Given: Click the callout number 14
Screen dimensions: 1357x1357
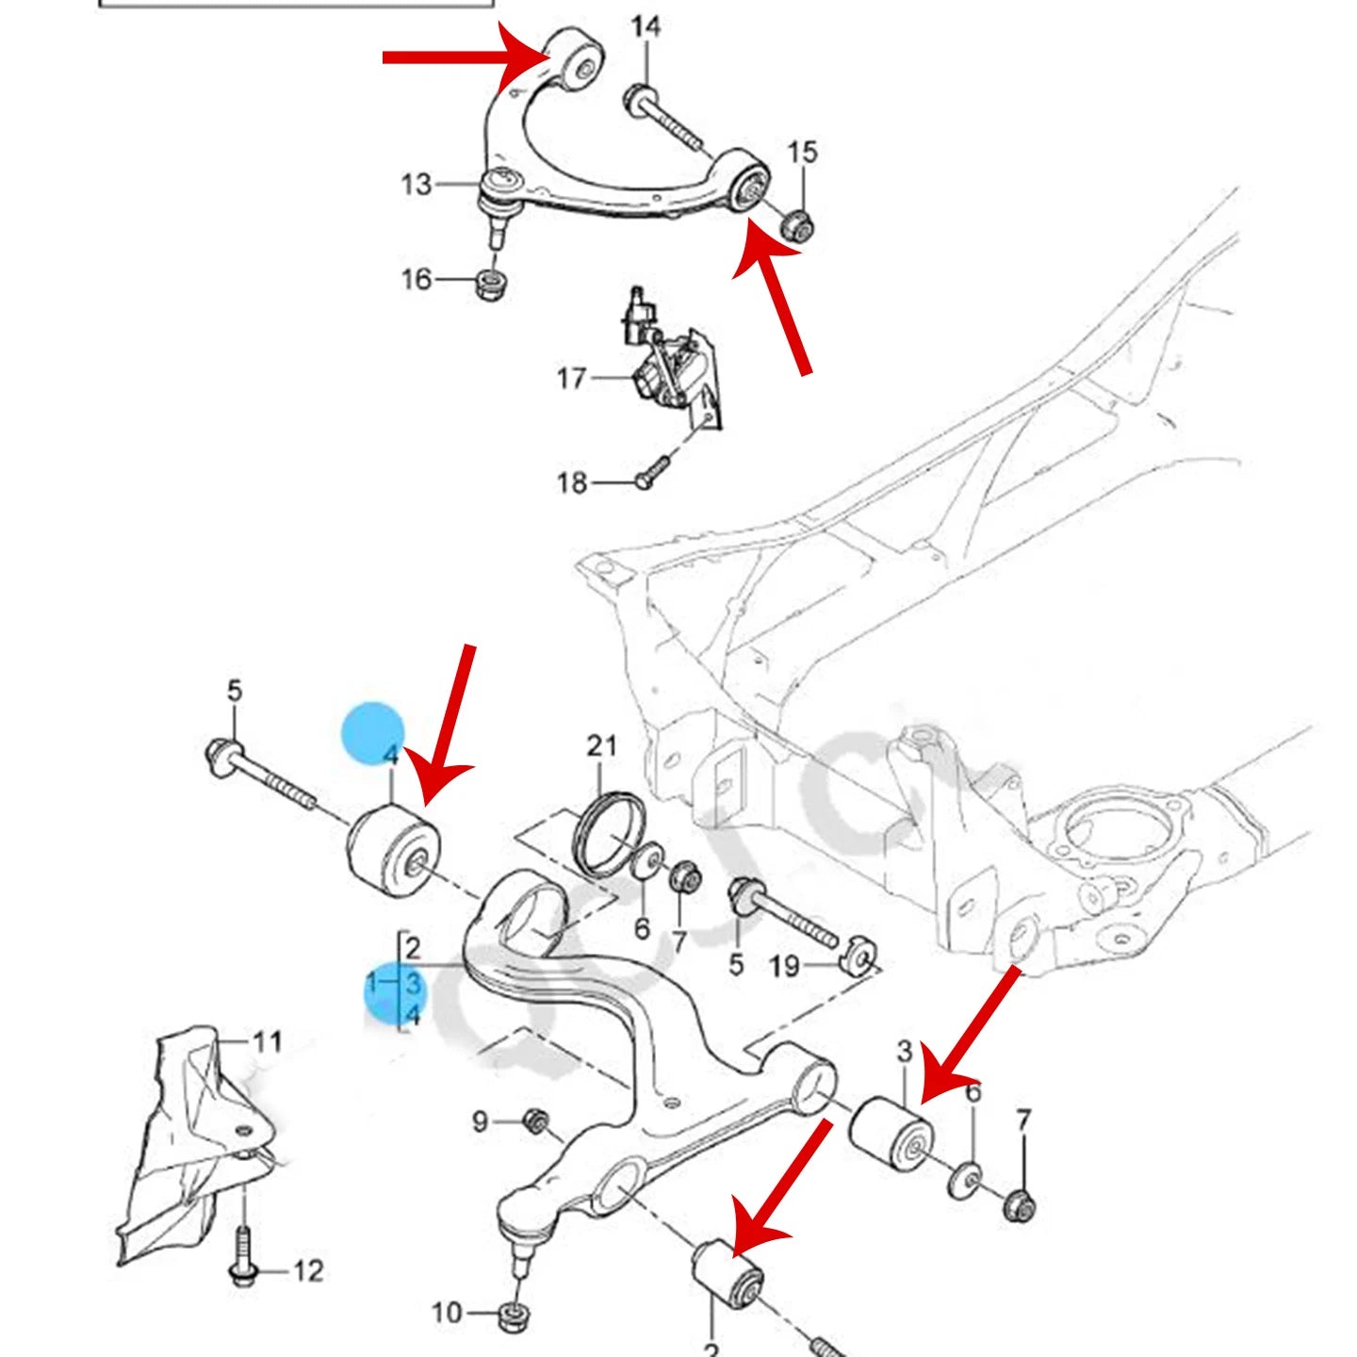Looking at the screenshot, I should pyautogui.click(x=646, y=26).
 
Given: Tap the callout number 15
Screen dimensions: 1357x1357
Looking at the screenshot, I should pyautogui.click(x=802, y=152).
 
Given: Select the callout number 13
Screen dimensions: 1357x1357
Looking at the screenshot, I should pyautogui.click(x=416, y=184).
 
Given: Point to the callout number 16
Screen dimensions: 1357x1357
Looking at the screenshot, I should pyautogui.click(x=416, y=279).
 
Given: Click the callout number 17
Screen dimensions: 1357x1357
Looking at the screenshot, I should pyautogui.click(x=571, y=379).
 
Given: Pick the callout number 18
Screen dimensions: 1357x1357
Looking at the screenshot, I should pyautogui.click(x=571, y=482).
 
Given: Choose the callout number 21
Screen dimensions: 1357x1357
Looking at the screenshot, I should pyautogui.click(x=601, y=746).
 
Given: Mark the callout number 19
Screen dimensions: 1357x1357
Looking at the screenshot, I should pyautogui.click(x=784, y=966).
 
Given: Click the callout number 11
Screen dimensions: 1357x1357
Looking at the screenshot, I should pyautogui.click(x=268, y=1041).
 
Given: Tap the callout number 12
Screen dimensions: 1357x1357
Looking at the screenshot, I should pyautogui.click(x=308, y=1271).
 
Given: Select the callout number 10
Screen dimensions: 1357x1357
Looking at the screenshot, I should pyautogui.click(x=447, y=1313).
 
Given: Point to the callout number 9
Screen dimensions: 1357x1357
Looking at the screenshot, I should pyautogui.click(x=480, y=1121).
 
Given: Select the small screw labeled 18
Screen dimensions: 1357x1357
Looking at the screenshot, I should pyautogui.click(x=651, y=472).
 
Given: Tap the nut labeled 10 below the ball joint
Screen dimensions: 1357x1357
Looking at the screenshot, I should pyautogui.click(x=515, y=1312).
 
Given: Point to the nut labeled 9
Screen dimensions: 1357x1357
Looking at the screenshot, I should pyautogui.click(x=536, y=1121).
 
